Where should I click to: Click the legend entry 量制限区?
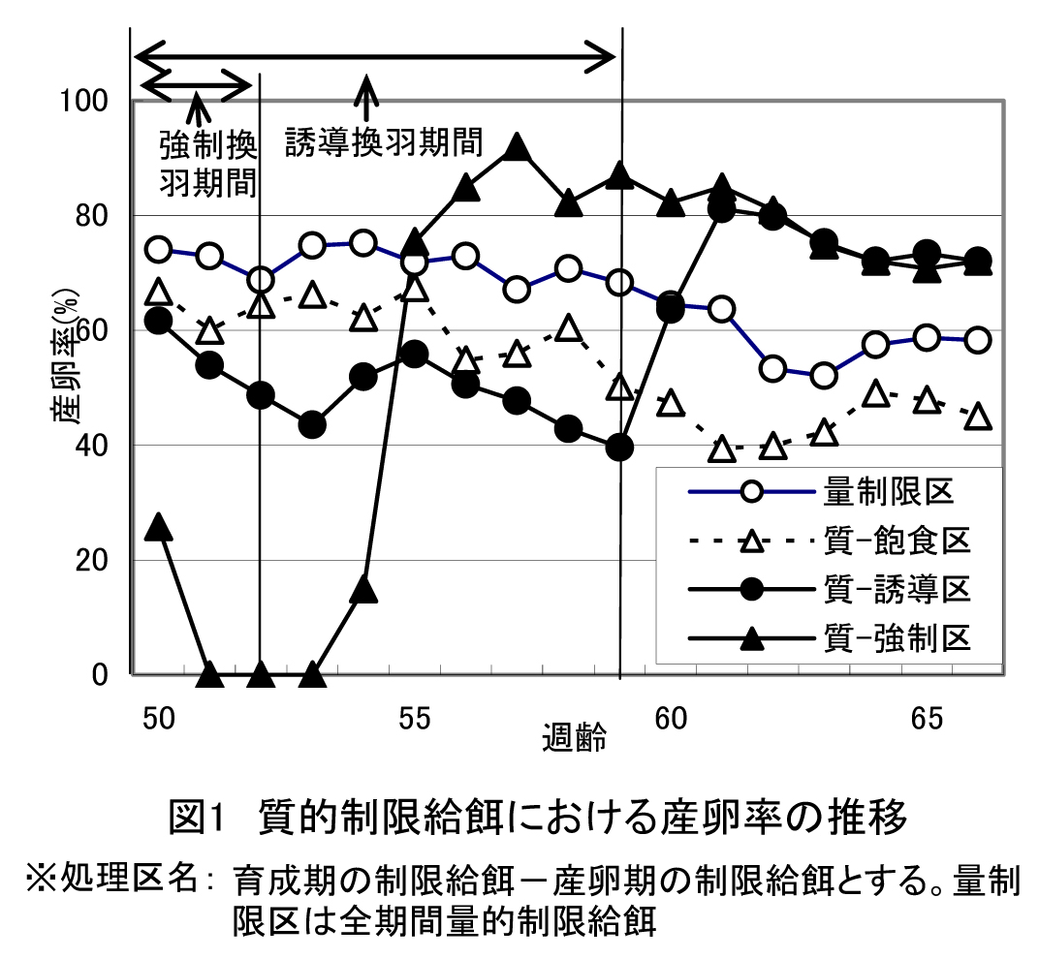[890, 491]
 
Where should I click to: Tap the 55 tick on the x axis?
[414, 720]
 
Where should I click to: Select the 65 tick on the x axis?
[928, 720]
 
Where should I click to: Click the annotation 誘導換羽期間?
[383, 143]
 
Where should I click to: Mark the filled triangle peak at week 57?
[516, 147]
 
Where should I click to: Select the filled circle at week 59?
[619, 447]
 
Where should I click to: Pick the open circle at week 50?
[159, 249]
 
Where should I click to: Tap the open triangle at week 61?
[721, 449]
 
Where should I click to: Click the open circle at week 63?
[824, 376]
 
